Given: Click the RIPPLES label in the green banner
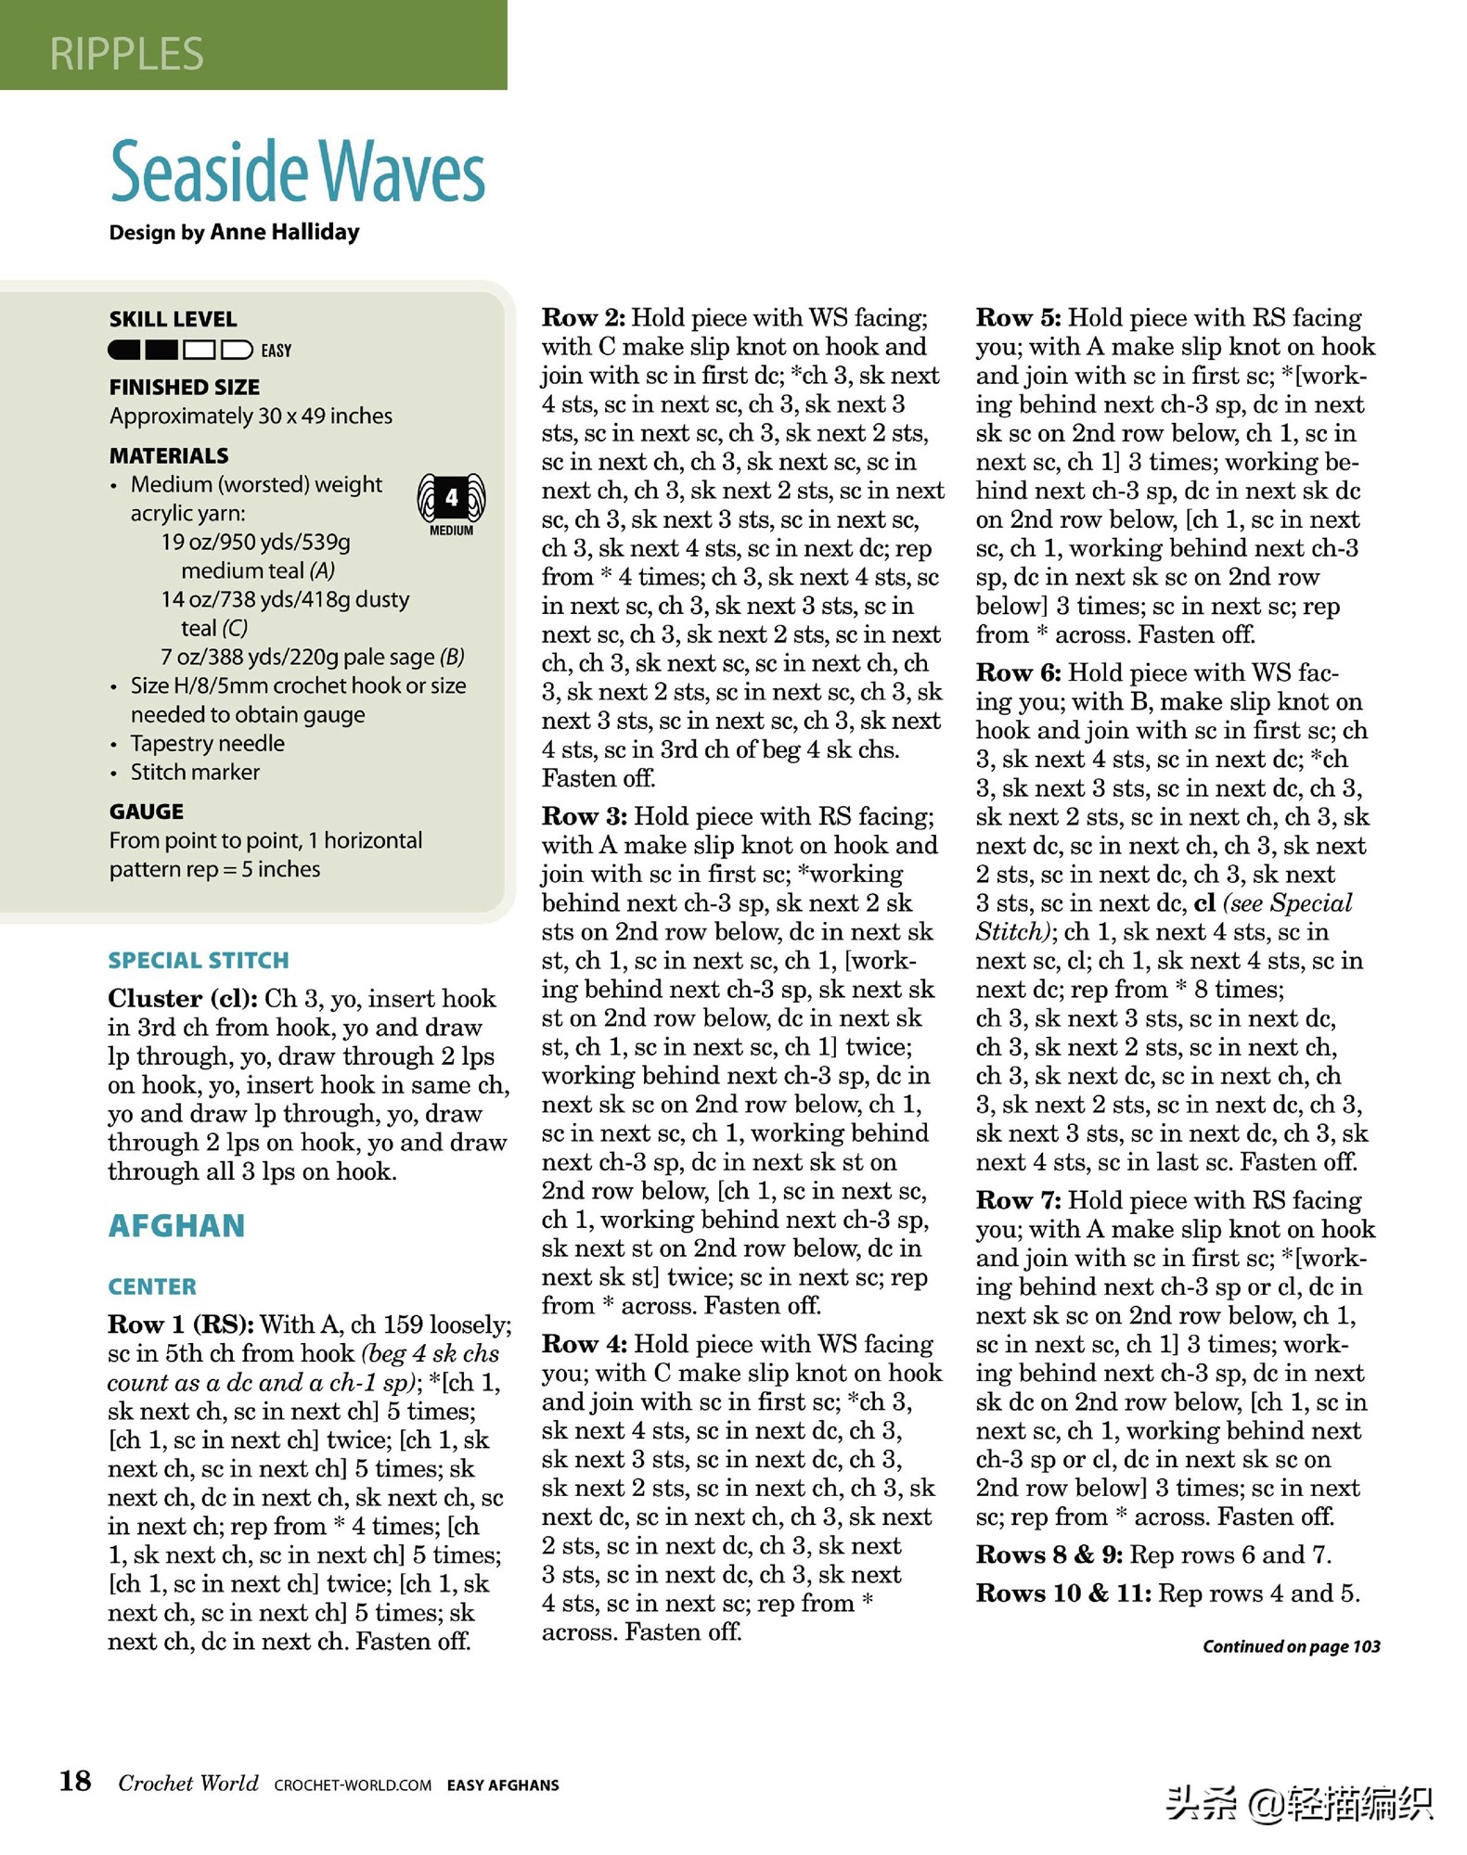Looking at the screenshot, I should [x=126, y=54].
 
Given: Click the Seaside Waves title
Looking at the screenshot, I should [x=297, y=173].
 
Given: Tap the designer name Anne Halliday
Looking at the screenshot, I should [x=285, y=232].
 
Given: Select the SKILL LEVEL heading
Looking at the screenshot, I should [x=173, y=320].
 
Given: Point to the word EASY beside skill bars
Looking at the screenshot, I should [x=276, y=351].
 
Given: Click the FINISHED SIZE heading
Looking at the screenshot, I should [x=184, y=388].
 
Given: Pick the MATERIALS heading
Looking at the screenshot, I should [x=168, y=456].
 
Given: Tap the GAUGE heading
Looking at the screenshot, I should [x=146, y=812].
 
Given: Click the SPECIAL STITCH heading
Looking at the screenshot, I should [x=198, y=961].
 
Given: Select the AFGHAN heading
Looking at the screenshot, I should [x=176, y=1226].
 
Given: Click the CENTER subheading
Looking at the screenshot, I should [x=152, y=1287].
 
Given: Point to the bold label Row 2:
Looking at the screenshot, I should [x=583, y=318].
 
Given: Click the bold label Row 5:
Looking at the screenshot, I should [x=1018, y=318].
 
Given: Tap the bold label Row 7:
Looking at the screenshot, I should [x=1018, y=1201].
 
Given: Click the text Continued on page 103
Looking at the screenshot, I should [x=1291, y=1646].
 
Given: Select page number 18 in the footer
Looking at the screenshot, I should [x=75, y=1781].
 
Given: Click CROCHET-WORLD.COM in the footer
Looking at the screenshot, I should [x=353, y=1785].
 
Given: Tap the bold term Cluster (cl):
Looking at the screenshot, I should [x=182, y=999].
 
